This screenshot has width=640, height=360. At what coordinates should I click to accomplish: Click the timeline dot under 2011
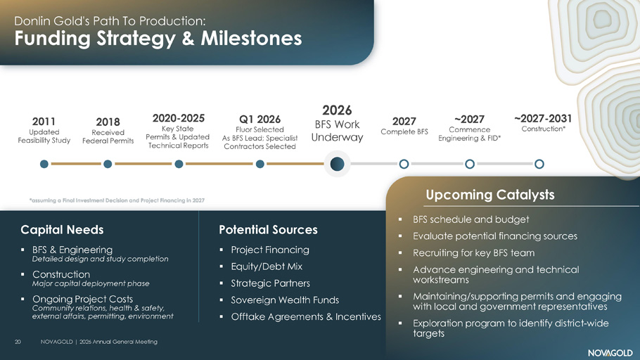(44, 164)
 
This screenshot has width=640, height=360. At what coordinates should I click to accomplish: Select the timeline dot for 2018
(108, 164)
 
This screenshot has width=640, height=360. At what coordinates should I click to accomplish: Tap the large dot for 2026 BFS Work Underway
(337, 164)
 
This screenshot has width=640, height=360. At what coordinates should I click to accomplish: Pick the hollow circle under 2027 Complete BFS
(404, 164)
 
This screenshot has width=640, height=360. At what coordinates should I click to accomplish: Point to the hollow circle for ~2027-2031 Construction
(539, 164)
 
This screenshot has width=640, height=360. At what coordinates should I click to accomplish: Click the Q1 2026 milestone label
(260, 120)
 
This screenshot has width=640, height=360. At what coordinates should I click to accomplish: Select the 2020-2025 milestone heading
(179, 118)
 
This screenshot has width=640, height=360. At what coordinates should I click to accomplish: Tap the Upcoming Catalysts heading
(489, 195)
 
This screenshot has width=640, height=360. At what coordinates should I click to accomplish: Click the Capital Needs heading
(62, 230)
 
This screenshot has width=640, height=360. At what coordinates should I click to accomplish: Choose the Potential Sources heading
(268, 230)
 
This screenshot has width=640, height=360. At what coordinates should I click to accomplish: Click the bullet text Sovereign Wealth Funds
(285, 300)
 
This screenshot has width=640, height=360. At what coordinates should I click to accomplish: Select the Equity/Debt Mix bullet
(267, 266)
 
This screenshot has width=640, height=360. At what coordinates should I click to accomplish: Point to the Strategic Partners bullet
(270, 283)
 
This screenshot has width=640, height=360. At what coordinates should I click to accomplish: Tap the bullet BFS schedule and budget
(471, 219)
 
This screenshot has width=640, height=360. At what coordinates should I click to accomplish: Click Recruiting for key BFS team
(473, 253)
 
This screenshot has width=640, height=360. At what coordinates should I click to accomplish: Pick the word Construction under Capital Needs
(61, 274)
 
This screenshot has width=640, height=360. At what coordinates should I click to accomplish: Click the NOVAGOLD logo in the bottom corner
(610, 353)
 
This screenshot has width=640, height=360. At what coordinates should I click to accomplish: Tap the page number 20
(18, 342)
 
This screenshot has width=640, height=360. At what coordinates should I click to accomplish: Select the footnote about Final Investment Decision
(117, 200)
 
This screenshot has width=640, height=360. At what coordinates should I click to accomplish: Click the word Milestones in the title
(251, 39)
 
